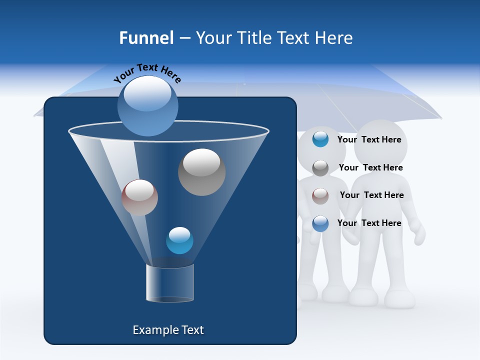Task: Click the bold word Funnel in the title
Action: pyautogui.click(x=146, y=38)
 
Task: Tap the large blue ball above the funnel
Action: pyautogui.click(x=147, y=105)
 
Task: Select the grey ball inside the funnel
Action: pyautogui.click(x=201, y=172)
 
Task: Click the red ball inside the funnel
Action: pyautogui.click(x=139, y=197)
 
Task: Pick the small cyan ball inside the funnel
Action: pyautogui.click(x=179, y=240)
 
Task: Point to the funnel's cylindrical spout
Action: pyautogui.click(x=170, y=283)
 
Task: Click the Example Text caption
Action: pyautogui.click(x=168, y=330)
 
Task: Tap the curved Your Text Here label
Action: pyautogui.click(x=147, y=73)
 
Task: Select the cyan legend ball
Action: pyautogui.click(x=320, y=139)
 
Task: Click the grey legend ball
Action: pyautogui.click(x=320, y=167)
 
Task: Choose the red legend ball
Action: pyautogui.click(x=320, y=195)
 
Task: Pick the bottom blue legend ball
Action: pyautogui.click(x=320, y=223)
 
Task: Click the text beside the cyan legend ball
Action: pyautogui.click(x=369, y=139)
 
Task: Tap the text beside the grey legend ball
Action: pyautogui.click(x=370, y=167)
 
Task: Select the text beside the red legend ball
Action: pyautogui.click(x=371, y=195)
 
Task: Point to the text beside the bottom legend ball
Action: pyautogui.click(x=369, y=223)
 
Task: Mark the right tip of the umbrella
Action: pyautogui.click(x=440, y=118)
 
